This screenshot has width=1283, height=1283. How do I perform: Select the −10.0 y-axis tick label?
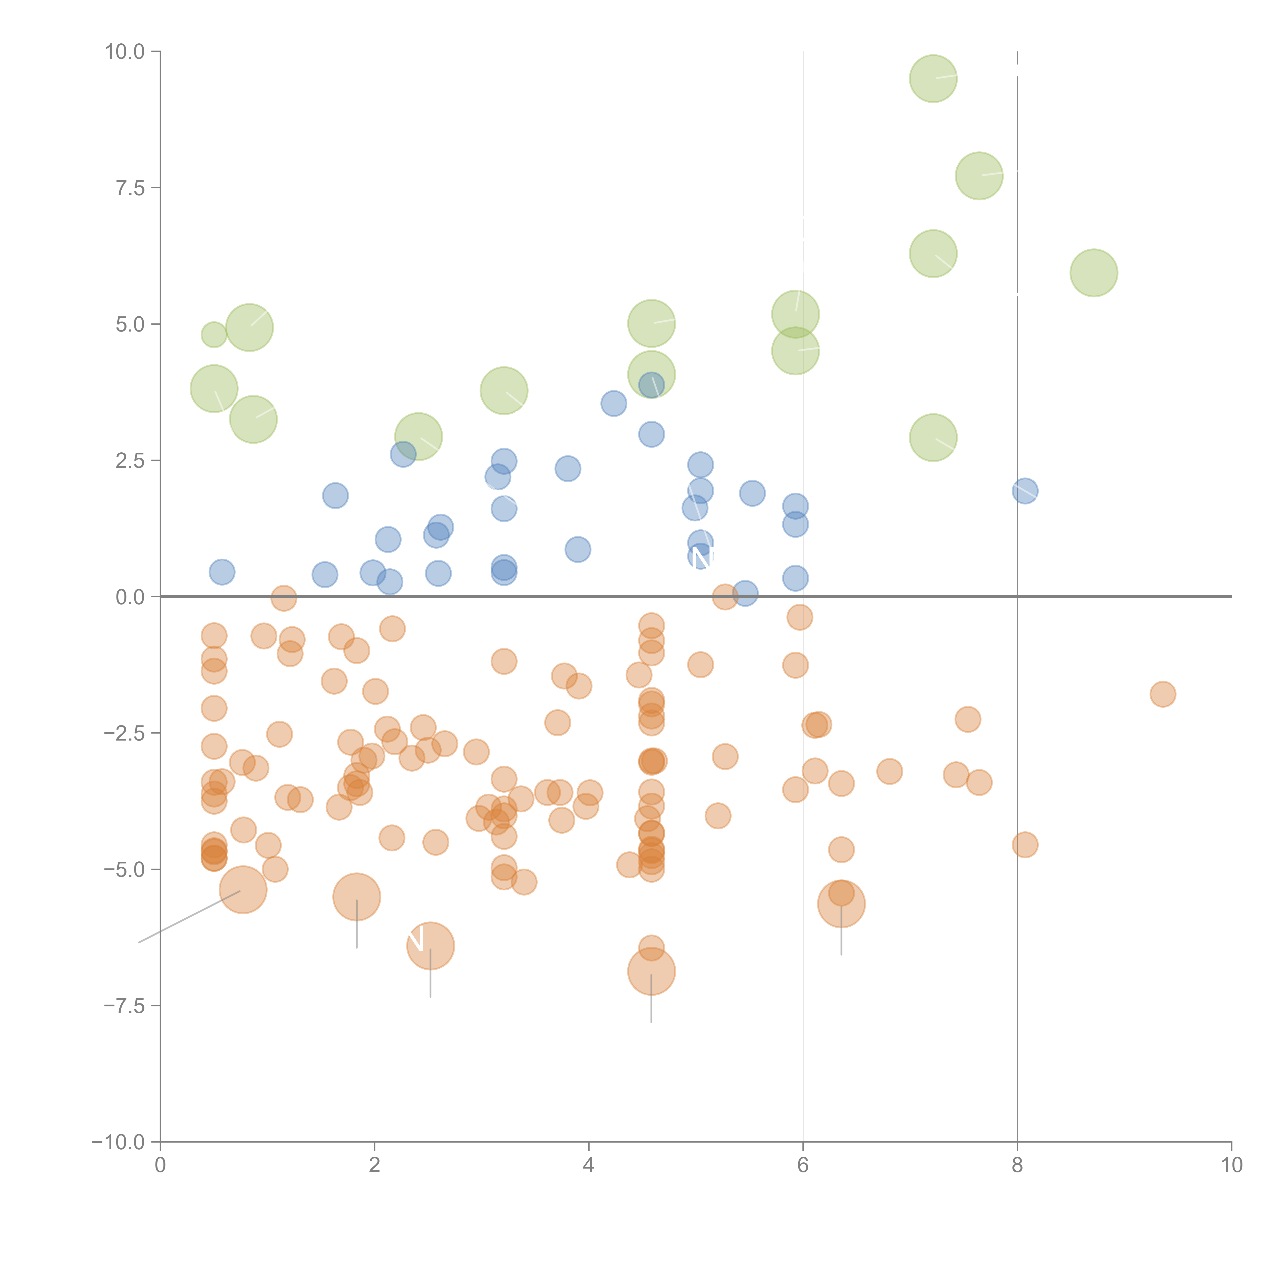(x=118, y=1142)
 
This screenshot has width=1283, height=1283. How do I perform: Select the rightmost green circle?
(x=1094, y=273)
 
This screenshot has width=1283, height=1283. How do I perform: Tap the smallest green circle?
(x=214, y=335)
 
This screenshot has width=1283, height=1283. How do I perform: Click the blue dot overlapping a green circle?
(x=651, y=384)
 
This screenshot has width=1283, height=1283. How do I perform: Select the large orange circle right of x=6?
(x=841, y=904)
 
